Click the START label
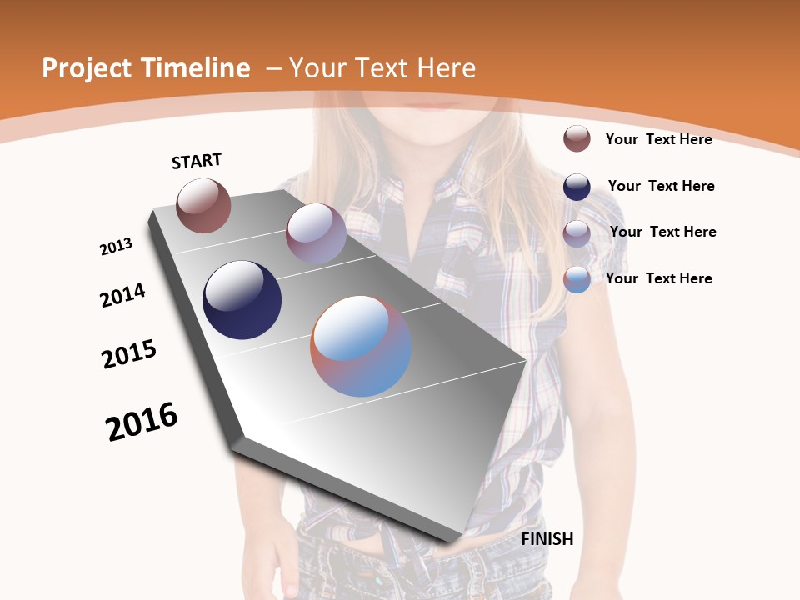tap(197, 161)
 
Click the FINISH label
tap(547, 539)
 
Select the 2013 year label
tap(116, 247)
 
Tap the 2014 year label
tap(122, 296)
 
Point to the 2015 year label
tap(129, 354)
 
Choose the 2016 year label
tap(142, 422)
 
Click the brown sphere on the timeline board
tap(203, 205)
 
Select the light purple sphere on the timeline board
tap(316, 233)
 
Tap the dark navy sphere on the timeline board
tap(242, 300)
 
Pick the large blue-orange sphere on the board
tap(361, 346)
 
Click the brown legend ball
tap(577, 138)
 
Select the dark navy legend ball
tap(577, 187)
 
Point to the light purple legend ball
tap(577, 233)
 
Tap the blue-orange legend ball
tap(577, 279)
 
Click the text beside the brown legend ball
tap(658, 139)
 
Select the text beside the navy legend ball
tap(661, 186)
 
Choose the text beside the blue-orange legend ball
tap(658, 278)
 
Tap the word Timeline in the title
tap(197, 68)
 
